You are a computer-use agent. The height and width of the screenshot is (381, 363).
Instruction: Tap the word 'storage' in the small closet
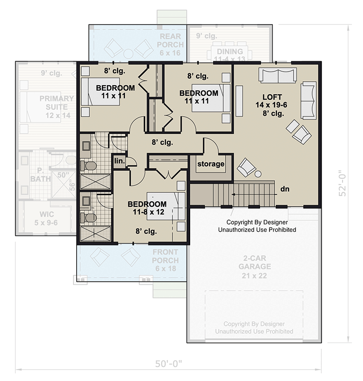click(x=211, y=164)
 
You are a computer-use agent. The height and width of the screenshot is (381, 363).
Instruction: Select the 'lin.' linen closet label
click(x=119, y=161)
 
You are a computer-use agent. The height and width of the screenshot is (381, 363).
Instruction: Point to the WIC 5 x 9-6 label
click(x=46, y=219)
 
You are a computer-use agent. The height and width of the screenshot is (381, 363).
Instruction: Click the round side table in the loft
click(x=258, y=174)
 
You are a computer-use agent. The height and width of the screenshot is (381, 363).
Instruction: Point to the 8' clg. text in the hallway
click(x=162, y=142)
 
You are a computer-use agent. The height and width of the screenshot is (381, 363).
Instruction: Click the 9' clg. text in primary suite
click(x=50, y=73)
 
